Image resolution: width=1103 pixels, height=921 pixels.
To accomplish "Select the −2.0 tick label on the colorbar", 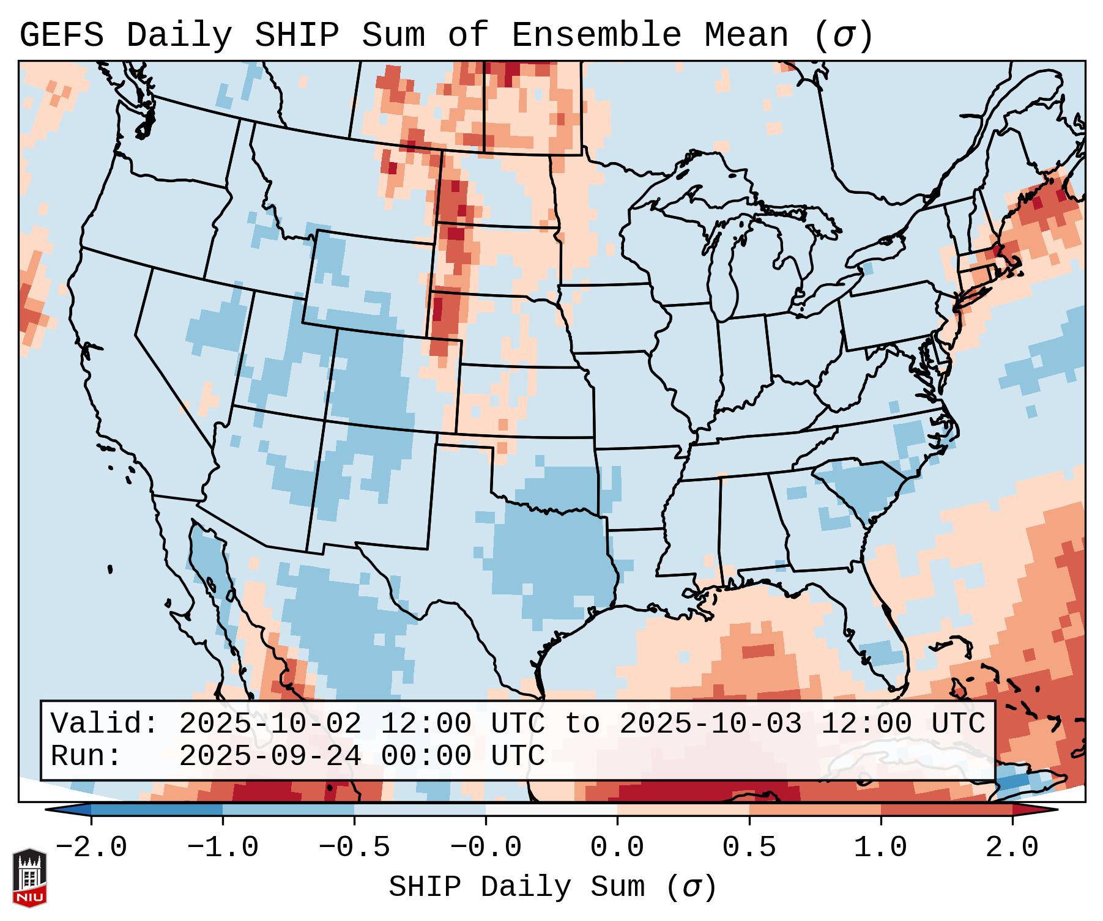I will [91, 848].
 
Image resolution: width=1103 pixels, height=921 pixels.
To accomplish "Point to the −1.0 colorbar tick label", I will [223, 848].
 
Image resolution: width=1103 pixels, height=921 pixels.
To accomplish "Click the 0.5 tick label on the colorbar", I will [749, 848].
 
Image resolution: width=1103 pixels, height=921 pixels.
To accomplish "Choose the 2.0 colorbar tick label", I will [1012, 848].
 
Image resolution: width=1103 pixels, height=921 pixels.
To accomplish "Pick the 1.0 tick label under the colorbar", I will [880, 848].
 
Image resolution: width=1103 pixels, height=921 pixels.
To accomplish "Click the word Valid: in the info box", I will [104, 724].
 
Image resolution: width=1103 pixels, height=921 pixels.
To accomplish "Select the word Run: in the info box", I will [86, 756].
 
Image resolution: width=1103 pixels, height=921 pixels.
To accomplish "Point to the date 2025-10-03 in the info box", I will [710, 724].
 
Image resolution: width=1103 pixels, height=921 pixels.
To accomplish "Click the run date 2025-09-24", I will [270, 756].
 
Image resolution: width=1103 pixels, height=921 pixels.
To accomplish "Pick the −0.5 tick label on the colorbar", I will [354, 848].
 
